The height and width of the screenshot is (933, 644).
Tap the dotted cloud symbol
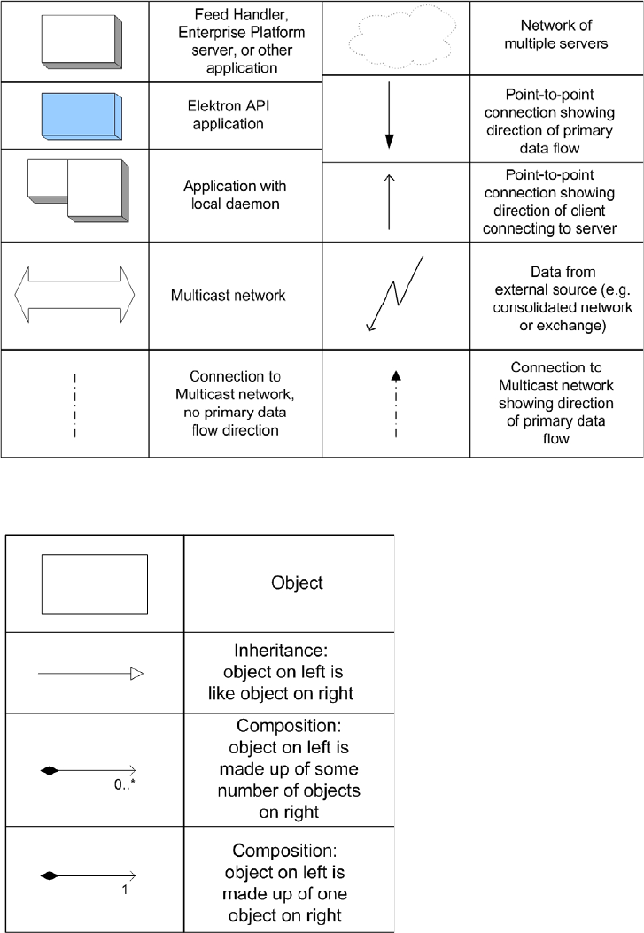pos(395,37)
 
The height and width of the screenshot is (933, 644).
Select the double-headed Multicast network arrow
pos(74,294)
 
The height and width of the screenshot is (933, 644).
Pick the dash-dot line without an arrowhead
pos(74,404)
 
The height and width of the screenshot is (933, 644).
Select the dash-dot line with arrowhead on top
pos(396,404)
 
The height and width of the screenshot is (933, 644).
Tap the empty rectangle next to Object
pos(95,583)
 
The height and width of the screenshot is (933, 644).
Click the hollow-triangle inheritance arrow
pos(90,675)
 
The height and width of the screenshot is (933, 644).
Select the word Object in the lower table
pos(296,583)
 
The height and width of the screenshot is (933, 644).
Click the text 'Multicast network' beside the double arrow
pos(229,295)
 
